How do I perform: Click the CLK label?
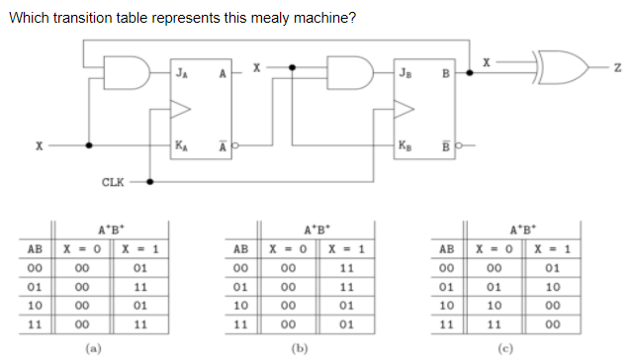[113, 182]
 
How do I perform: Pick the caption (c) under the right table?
[510, 347]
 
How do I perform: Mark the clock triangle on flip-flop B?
[402, 108]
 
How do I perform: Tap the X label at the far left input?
[39, 145]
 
